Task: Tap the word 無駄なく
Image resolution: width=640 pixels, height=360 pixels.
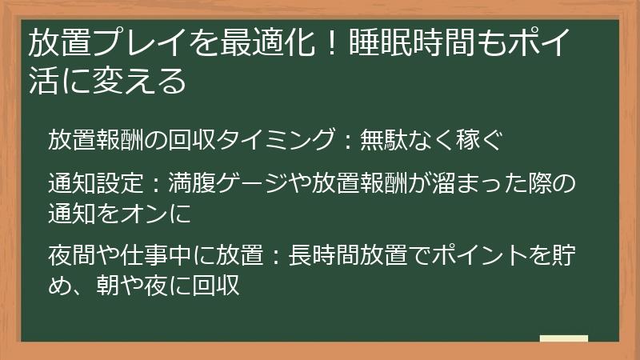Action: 401,141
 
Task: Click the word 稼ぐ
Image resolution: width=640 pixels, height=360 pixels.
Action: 480,141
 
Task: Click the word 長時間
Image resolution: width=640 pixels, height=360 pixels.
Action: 318,256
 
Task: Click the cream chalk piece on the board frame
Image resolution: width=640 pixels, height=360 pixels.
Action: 563,338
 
